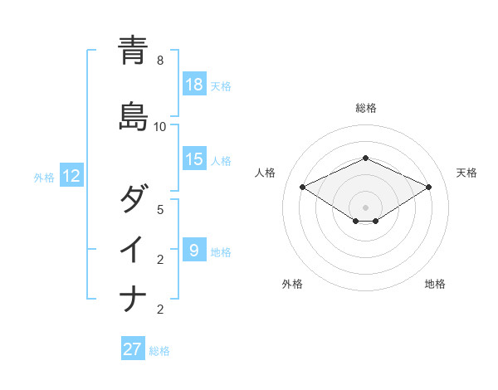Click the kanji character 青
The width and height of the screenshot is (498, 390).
coord(133,51)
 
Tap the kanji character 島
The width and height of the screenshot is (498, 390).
coord(133,116)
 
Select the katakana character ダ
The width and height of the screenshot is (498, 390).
coord(133,200)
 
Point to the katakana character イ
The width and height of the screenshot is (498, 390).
coord(133,249)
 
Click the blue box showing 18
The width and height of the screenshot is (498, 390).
coord(194,85)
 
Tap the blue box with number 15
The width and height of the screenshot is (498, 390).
coord(194,159)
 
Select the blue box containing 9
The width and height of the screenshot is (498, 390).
coord(194,250)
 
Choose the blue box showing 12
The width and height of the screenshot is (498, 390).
coord(71,176)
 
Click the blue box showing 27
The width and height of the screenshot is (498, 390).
coord(133,349)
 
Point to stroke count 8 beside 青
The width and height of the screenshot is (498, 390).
coord(160,61)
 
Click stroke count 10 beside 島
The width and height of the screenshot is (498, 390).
coord(160,126)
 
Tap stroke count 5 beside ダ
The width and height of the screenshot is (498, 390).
coord(160,209)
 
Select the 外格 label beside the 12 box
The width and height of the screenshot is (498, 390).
coord(44,177)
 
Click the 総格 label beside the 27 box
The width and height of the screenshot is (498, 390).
coord(159,350)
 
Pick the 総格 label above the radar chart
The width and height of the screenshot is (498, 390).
coord(365,108)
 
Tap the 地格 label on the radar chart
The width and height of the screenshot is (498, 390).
coord(435,284)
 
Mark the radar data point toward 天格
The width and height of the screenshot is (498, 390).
coord(428,187)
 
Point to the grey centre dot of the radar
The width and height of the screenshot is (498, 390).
coord(365,207)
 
